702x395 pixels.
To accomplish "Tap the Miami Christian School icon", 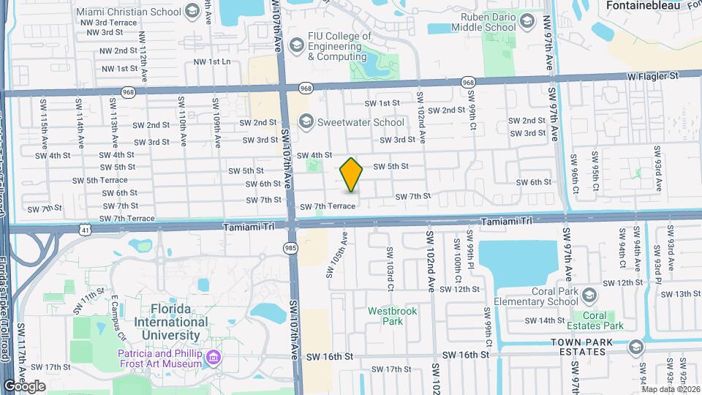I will pyautogui.click(x=192, y=10).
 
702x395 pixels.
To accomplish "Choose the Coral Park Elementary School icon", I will pyautogui.click(x=590, y=295).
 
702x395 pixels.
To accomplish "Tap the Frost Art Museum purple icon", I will pyautogui.click(x=214, y=357).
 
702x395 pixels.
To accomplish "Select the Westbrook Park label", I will pyautogui.click(x=392, y=316).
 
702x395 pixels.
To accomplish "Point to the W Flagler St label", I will pyautogui.click(x=653, y=75).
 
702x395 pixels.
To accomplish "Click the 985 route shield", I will pyautogui.click(x=291, y=249).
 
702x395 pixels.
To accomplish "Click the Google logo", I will pyautogui.click(x=24, y=385).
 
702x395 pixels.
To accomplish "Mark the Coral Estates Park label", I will pyautogui.click(x=604, y=320).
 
